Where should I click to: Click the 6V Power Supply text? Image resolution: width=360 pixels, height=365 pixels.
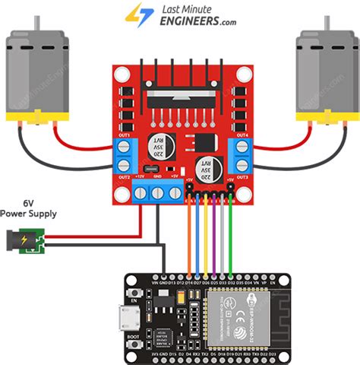(x=27, y=208)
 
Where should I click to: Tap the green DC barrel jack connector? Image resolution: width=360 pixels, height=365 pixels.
(x=33, y=242)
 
